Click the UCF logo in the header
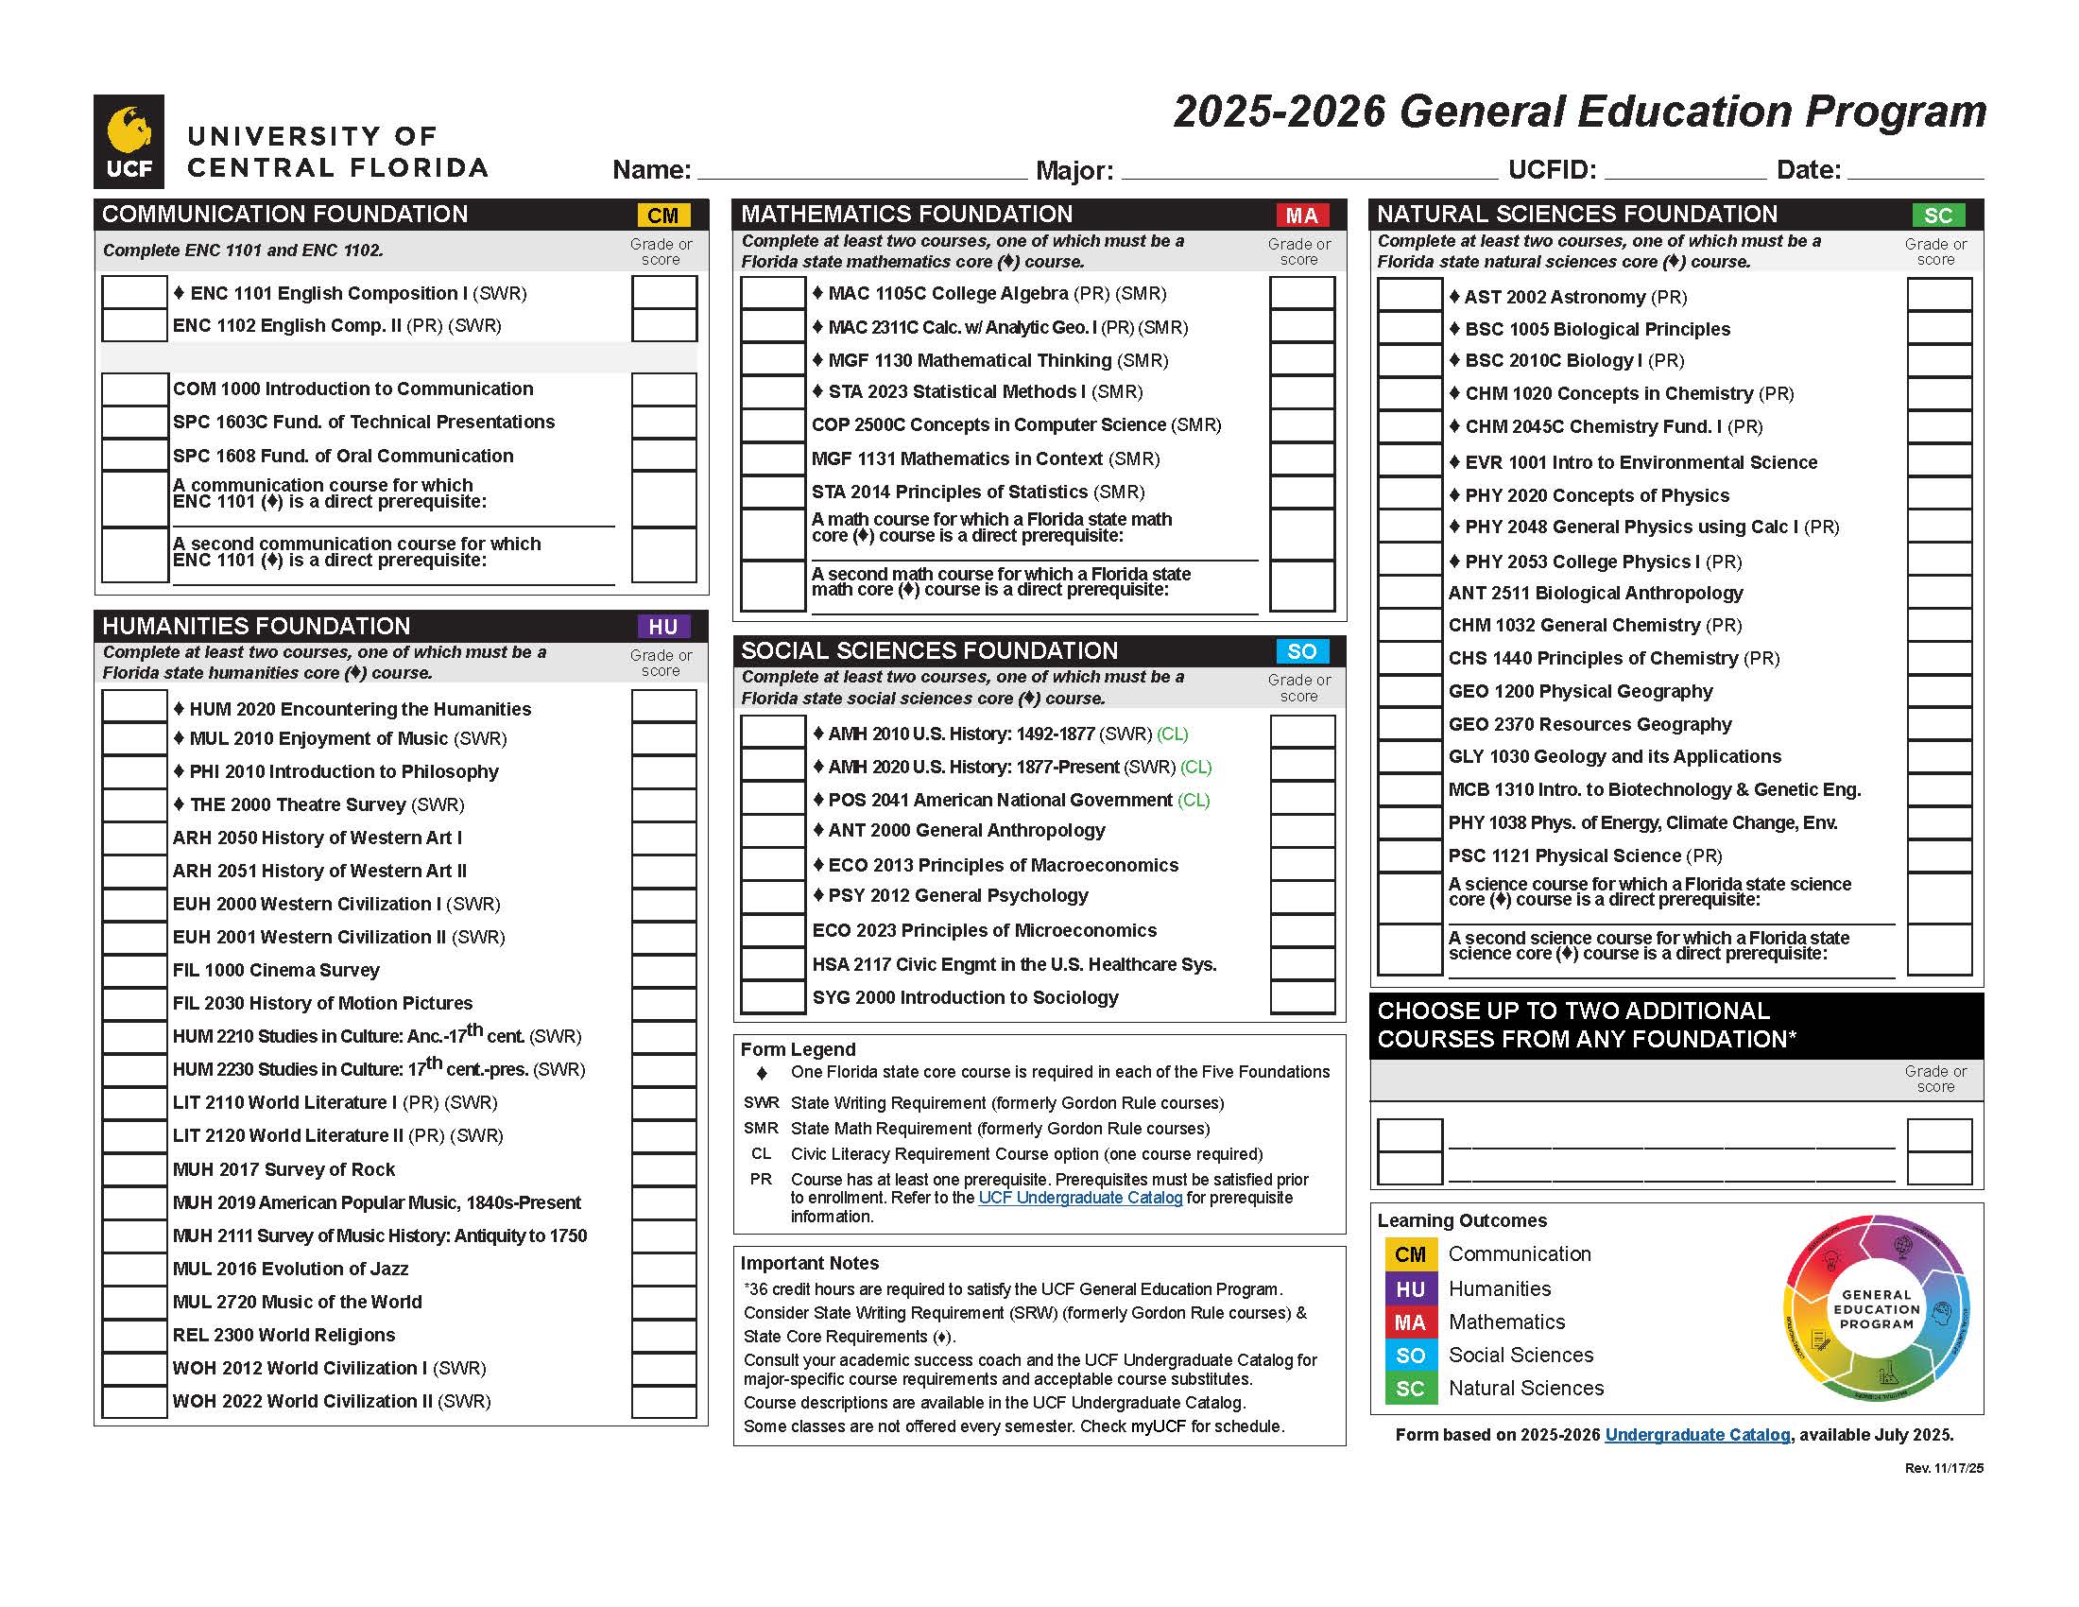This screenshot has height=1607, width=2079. [129, 141]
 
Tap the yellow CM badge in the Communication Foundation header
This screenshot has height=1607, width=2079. [662, 216]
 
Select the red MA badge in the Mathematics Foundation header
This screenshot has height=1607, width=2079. [1301, 216]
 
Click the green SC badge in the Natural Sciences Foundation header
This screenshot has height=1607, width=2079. [1937, 216]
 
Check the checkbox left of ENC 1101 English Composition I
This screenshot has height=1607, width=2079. [134, 292]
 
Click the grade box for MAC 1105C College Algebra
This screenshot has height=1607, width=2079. [1301, 293]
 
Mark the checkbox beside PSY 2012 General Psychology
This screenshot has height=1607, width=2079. [773, 896]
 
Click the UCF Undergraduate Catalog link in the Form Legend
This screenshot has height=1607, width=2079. [1079, 1198]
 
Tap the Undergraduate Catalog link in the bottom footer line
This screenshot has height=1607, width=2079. [1696, 1435]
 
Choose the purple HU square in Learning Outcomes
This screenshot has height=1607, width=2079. [1410, 1289]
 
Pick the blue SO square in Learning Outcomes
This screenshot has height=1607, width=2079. [1410, 1356]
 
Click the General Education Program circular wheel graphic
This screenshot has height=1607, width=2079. [1875, 1309]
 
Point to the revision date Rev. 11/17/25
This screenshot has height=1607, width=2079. [1943, 1468]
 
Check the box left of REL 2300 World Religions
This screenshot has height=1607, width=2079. [134, 1336]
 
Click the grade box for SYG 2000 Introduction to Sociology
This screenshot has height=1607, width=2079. [1301, 997]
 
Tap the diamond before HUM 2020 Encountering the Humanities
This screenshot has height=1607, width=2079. [179, 709]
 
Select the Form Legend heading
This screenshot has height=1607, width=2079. [798, 1049]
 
